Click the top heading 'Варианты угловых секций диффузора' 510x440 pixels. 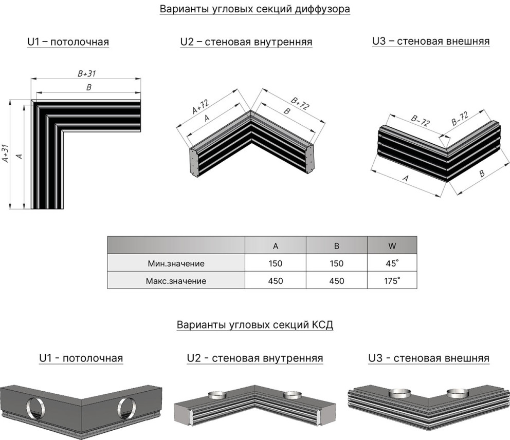click(x=255, y=9)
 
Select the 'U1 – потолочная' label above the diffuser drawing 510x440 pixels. click(x=68, y=42)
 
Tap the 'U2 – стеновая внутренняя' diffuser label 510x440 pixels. click(x=246, y=42)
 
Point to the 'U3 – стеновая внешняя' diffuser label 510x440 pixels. click(x=430, y=41)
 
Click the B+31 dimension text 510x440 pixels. click(x=87, y=73)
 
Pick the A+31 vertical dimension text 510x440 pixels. click(x=5, y=153)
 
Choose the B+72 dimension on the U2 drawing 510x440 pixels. click(x=300, y=103)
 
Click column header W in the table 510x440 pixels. click(x=392, y=246)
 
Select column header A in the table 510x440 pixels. click(x=276, y=246)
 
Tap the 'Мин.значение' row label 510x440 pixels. click(x=176, y=263)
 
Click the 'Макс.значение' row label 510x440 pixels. click(x=176, y=281)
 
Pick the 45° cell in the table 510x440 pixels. click(x=392, y=263)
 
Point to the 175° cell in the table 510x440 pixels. click(x=392, y=281)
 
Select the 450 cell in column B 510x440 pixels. click(x=336, y=281)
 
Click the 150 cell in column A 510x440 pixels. click(x=276, y=263)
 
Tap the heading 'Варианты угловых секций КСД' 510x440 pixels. click(x=255, y=325)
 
